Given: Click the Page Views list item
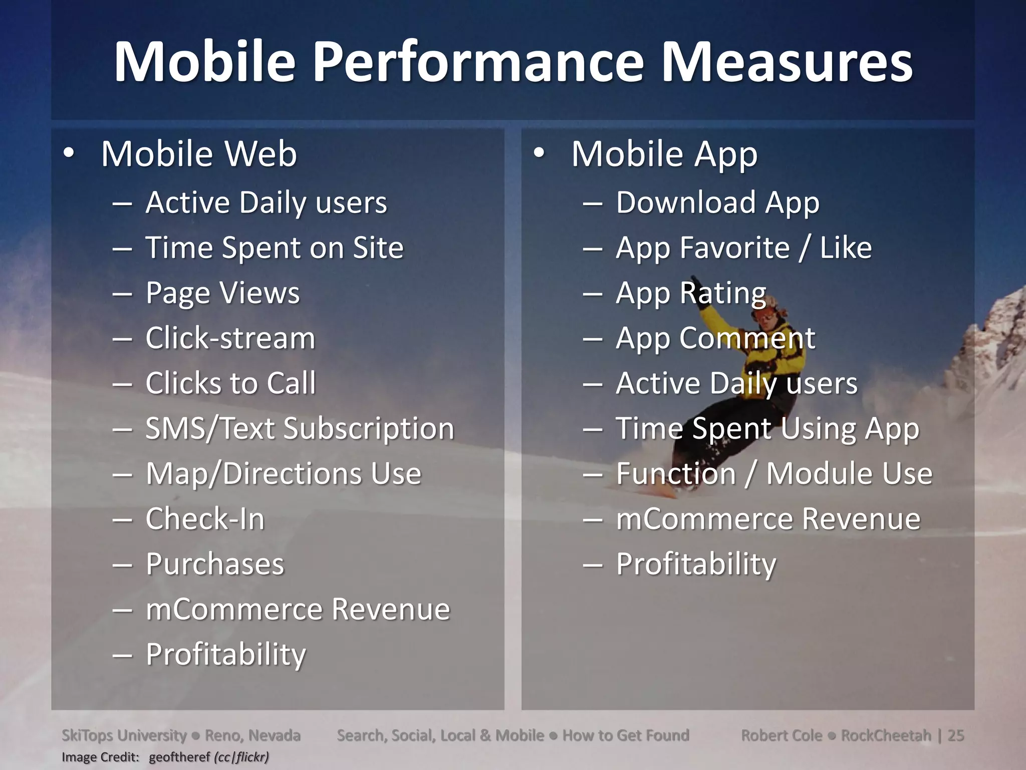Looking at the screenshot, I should (x=222, y=293).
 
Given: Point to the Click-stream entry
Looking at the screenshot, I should (x=230, y=338).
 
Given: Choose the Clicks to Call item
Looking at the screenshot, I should (x=230, y=383).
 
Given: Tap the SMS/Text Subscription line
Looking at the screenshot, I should (x=300, y=429).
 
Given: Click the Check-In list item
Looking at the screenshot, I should (x=205, y=518).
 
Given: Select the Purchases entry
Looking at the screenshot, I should (x=215, y=564).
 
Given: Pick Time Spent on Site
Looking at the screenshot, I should (x=274, y=248).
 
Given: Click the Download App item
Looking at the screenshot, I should (x=717, y=203).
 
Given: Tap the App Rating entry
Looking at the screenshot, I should (x=691, y=293).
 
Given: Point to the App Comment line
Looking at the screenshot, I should (x=715, y=338).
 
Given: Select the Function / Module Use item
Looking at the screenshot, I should (x=774, y=473).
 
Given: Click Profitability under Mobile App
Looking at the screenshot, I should (x=696, y=564).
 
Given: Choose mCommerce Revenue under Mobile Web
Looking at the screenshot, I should (x=298, y=609).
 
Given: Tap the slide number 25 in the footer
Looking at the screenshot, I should (x=956, y=735).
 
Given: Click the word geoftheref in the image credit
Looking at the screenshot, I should (x=179, y=757).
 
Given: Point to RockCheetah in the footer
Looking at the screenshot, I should (x=885, y=735).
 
